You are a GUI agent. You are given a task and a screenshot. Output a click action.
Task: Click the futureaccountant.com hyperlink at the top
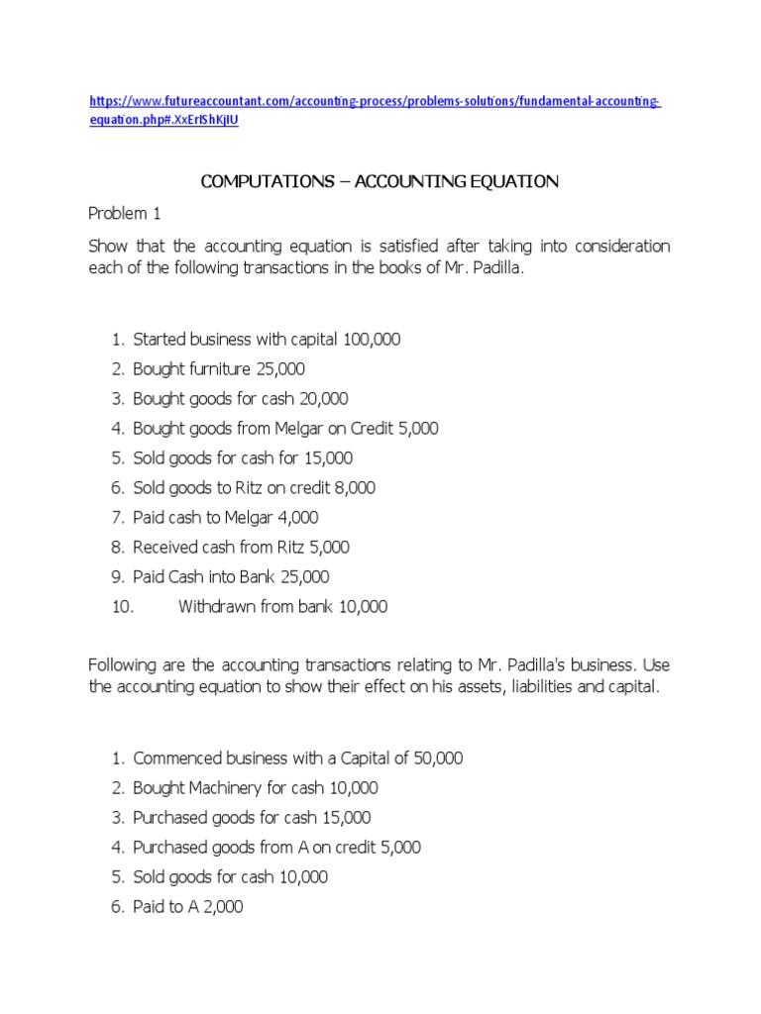(x=375, y=103)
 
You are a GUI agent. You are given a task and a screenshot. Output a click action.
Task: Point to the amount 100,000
(x=372, y=340)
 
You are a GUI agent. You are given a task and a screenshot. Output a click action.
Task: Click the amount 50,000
(x=434, y=759)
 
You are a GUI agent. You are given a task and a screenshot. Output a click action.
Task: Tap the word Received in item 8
(x=164, y=548)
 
